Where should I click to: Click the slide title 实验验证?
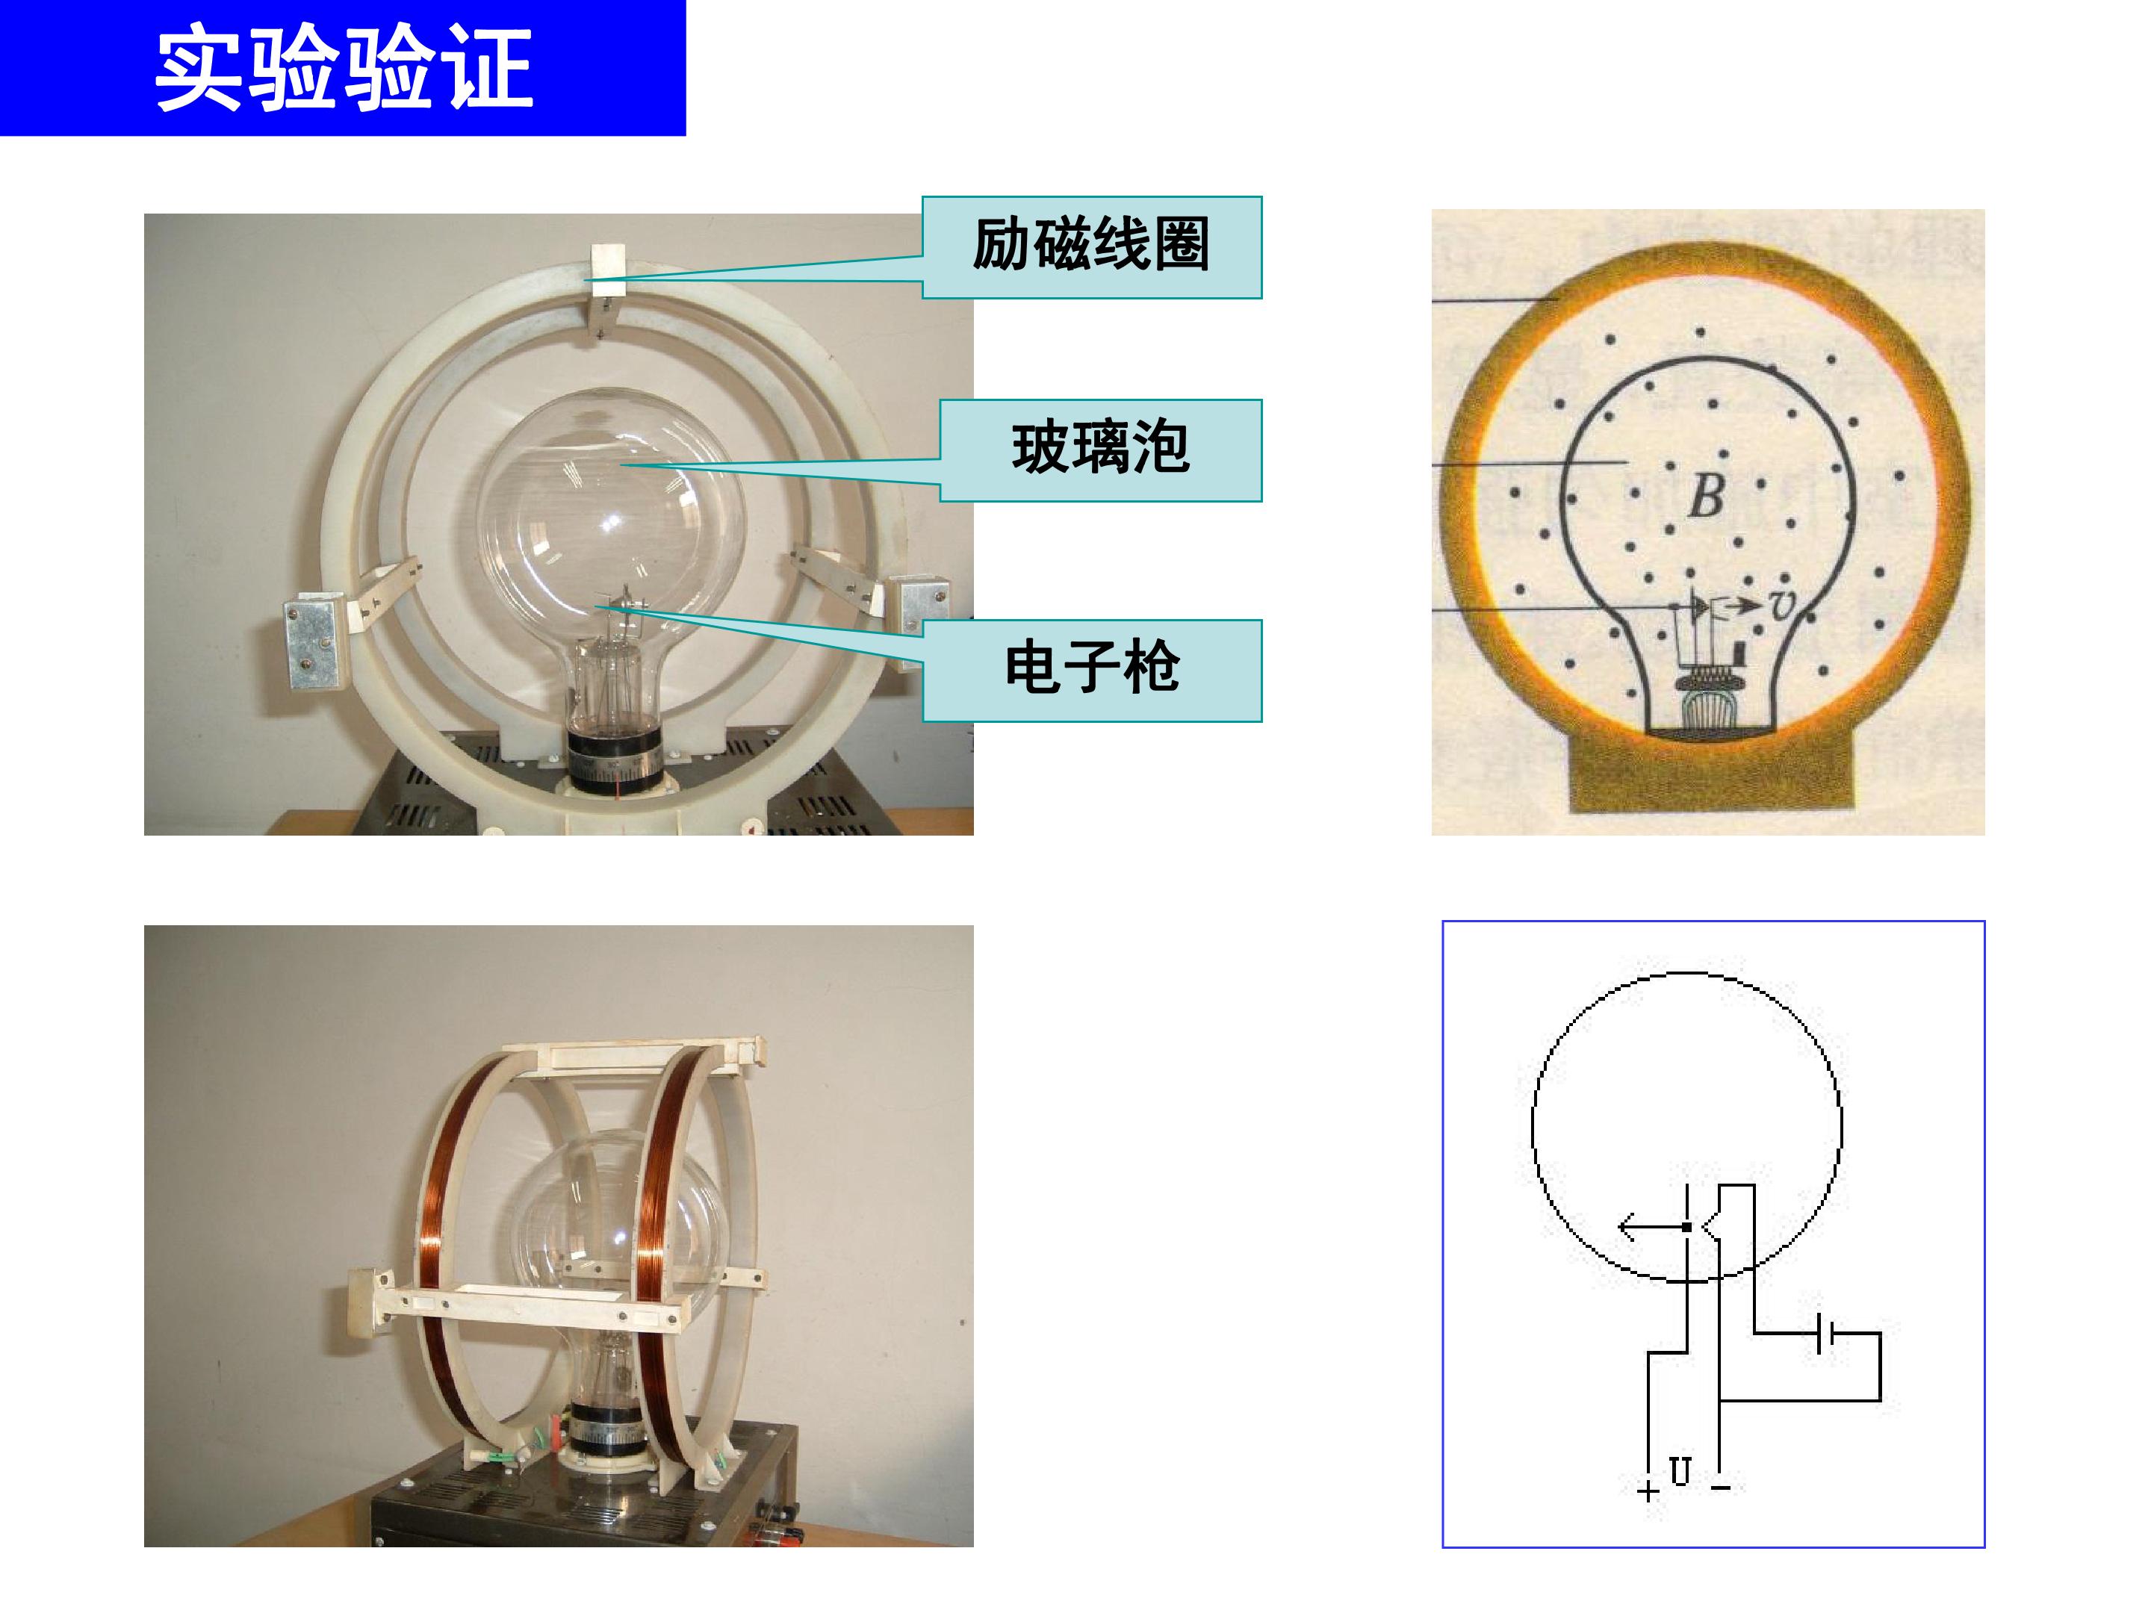(344, 68)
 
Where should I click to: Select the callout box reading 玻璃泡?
(1101, 450)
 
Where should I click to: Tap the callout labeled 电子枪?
(1092, 670)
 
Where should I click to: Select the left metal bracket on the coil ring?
(313, 644)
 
